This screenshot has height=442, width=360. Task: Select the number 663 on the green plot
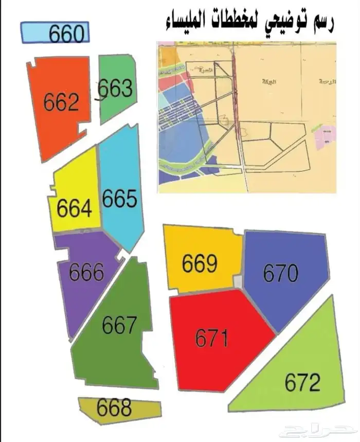point(116,89)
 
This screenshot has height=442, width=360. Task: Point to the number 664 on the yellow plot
point(75,208)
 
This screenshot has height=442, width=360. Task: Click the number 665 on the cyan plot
point(120,199)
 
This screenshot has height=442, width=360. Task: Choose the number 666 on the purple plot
point(86,272)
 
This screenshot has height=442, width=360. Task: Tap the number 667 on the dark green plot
point(120,325)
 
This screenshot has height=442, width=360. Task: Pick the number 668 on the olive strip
point(114,408)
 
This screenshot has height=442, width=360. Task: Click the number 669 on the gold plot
point(200,264)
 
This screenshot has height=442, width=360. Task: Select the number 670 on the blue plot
point(281,273)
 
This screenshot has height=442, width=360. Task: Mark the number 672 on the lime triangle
point(303,382)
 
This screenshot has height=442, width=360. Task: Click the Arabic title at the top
point(250,22)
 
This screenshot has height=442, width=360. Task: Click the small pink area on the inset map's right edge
point(326,138)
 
